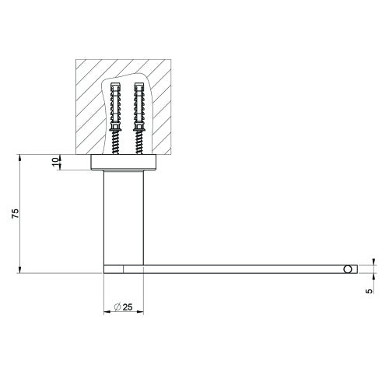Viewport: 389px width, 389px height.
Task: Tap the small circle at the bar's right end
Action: [x=347, y=268]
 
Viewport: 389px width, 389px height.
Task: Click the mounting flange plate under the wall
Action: [x=124, y=163]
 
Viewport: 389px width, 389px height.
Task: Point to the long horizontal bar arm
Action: [x=233, y=268]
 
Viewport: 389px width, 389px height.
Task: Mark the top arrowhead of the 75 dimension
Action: [x=19, y=158]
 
